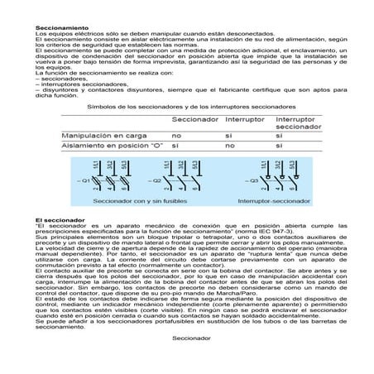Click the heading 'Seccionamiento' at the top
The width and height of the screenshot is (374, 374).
(x=62, y=28)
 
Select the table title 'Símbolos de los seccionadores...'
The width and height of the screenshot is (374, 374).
(x=187, y=108)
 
